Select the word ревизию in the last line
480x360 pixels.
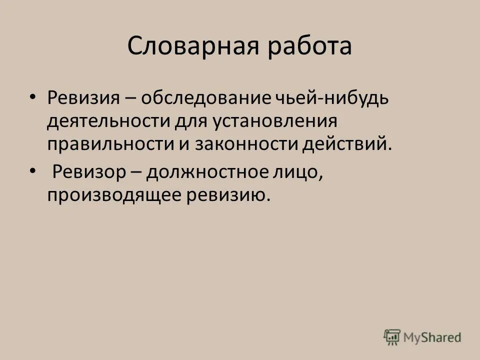pyautogui.click(x=225, y=195)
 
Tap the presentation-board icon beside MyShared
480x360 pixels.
pyautogui.click(x=392, y=336)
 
